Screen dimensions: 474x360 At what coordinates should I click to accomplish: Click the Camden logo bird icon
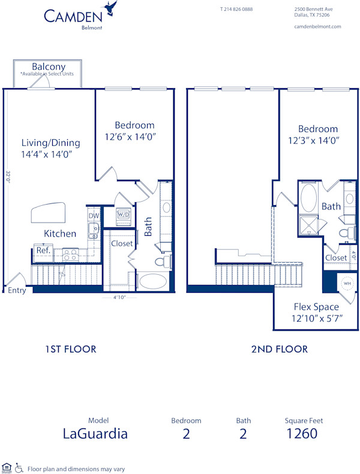(x=110, y=8)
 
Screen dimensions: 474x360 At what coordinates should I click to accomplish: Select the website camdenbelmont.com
(x=317, y=26)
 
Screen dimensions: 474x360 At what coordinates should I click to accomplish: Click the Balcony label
(x=49, y=67)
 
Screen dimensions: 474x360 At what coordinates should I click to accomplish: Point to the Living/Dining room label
(x=50, y=143)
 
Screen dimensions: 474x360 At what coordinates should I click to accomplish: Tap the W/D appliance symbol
(x=124, y=214)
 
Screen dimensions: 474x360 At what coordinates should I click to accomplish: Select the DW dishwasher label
(x=94, y=216)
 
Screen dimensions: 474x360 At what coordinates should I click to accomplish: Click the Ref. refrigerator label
(x=43, y=250)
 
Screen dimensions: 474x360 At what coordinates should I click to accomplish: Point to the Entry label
(x=17, y=290)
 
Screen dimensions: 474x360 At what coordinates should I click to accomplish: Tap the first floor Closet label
(x=122, y=244)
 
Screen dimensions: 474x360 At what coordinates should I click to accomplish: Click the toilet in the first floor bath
(x=161, y=262)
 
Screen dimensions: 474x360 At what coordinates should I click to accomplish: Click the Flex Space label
(x=316, y=307)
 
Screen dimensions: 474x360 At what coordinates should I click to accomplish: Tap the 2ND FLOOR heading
(x=279, y=349)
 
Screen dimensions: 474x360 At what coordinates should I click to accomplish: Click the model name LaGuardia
(x=95, y=433)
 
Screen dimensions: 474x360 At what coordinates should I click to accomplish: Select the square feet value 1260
(x=301, y=433)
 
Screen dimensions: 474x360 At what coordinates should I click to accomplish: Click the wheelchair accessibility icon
(x=19, y=467)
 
